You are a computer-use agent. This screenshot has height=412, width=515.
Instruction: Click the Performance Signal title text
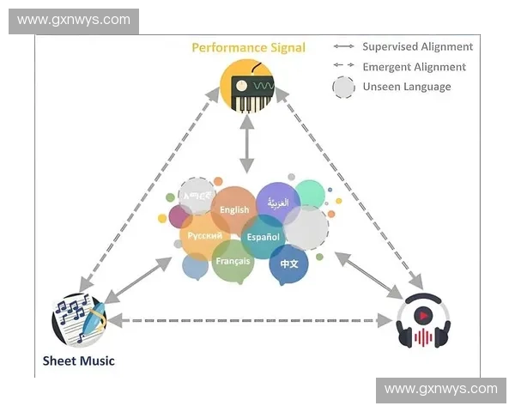[248, 47]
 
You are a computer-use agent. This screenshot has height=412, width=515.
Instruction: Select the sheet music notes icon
[79, 321]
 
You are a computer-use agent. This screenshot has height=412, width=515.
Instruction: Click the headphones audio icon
[424, 322]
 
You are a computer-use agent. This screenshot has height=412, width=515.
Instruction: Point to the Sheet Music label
[78, 360]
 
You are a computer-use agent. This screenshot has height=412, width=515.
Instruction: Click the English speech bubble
[234, 209]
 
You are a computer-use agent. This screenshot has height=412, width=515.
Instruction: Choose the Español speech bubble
[263, 236]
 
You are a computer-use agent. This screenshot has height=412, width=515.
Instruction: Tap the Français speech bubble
[233, 261]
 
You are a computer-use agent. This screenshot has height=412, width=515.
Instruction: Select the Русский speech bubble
[204, 236]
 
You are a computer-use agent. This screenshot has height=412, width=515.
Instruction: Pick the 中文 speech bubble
[288, 264]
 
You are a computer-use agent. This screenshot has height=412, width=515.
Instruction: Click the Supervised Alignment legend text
[417, 46]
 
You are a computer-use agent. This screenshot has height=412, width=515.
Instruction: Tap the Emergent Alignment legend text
[414, 66]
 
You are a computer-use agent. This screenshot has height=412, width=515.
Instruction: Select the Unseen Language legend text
[406, 86]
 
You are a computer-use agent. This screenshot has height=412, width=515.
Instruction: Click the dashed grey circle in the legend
[344, 87]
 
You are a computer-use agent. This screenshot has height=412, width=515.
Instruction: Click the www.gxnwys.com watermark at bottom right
[440, 389]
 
